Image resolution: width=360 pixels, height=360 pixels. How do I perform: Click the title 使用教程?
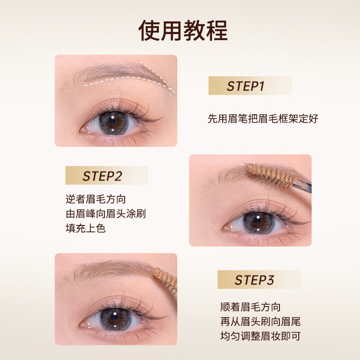tap(183, 30)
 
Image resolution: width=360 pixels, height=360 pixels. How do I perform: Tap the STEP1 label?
tap(245, 86)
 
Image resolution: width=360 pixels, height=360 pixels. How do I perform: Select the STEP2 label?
tap(102, 176)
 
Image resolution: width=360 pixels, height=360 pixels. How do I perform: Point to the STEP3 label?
tap(254, 280)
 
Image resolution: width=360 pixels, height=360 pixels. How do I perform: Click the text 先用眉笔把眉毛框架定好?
tap(263, 119)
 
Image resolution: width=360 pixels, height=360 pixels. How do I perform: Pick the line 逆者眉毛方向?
tap(95, 199)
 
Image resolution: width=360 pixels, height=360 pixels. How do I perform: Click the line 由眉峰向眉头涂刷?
tap(106, 214)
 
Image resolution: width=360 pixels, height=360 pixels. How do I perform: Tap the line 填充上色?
tap(85, 229)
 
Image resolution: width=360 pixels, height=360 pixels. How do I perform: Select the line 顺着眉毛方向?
tap(250, 307)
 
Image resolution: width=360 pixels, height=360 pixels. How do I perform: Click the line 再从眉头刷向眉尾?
tap(261, 321)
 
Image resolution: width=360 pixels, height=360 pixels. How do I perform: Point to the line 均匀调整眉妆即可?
tap(261, 336)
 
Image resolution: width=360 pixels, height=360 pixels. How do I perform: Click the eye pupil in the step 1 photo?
tap(112, 120)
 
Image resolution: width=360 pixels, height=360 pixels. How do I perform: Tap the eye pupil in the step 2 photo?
tap(256, 220)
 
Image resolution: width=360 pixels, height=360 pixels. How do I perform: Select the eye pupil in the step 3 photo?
tap(114, 317)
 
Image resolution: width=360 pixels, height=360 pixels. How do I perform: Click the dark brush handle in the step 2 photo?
tap(302, 185)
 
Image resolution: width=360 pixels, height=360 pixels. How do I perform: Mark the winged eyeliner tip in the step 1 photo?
tap(162, 117)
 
